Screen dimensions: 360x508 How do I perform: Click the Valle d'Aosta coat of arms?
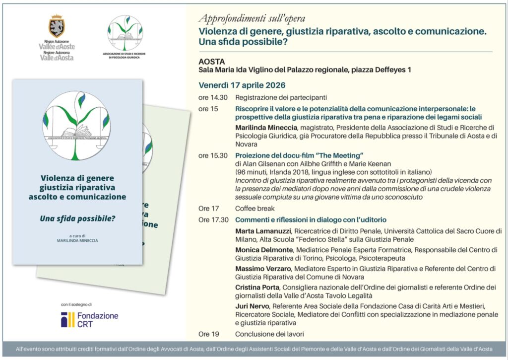[57, 26]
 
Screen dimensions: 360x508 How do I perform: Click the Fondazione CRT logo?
[90, 319]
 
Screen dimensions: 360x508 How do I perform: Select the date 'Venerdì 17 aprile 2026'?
[242, 85]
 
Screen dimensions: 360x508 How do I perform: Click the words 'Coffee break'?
[254, 209]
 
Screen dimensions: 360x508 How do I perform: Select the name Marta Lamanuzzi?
[263, 231]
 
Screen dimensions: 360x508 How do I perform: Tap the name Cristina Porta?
[257, 287]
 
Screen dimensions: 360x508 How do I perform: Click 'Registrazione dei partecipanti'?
[281, 97]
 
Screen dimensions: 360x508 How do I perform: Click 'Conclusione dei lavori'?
[269, 334]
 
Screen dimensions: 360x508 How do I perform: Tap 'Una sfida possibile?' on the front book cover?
[77, 217]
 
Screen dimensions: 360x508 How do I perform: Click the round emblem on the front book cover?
[76, 125]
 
